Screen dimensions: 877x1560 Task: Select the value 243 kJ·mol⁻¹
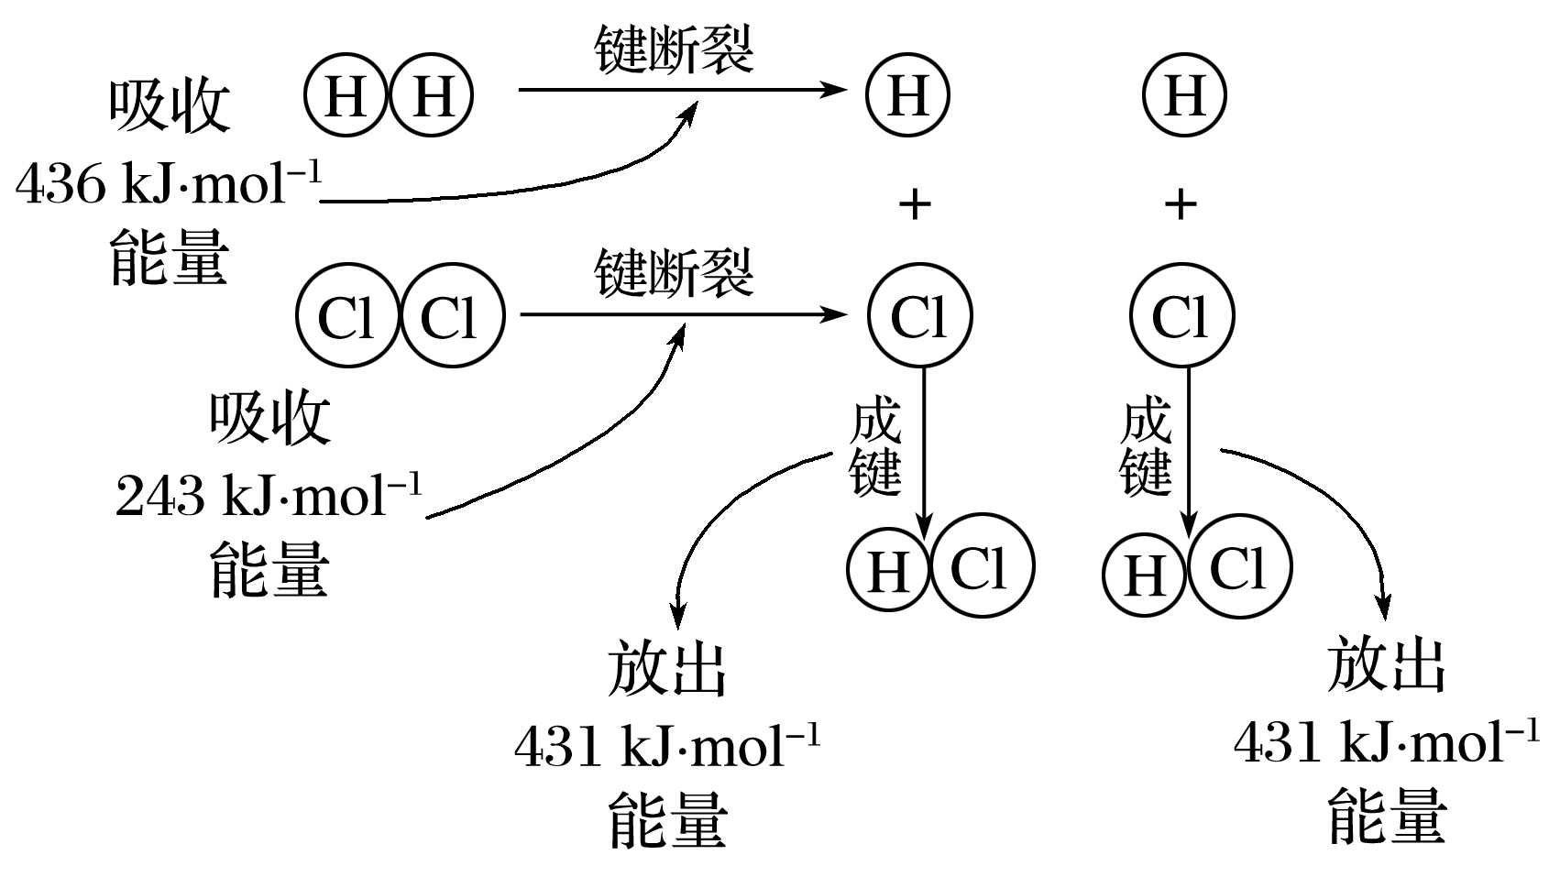(x=269, y=498)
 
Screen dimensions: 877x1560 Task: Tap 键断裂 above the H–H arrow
(x=674, y=49)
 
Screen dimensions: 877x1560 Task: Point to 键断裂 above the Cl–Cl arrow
(x=674, y=272)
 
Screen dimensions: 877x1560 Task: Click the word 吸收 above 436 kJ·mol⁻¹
(x=170, y=107)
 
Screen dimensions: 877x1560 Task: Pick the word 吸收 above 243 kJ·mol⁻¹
(x=269, y=420)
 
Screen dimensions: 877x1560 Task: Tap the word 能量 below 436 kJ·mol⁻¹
(x=170, y=258)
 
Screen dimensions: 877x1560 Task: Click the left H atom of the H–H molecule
(x=346, y=95)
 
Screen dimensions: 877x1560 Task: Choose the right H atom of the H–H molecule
(x=432, y=95)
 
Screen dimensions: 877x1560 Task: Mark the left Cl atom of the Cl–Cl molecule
(x=346, y=317)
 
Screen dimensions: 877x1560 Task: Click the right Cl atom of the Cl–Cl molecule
(x=452, y=317)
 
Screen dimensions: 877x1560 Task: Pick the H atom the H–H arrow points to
(x=907, y=95)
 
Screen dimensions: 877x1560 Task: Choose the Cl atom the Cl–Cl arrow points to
(x=919, y=316)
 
